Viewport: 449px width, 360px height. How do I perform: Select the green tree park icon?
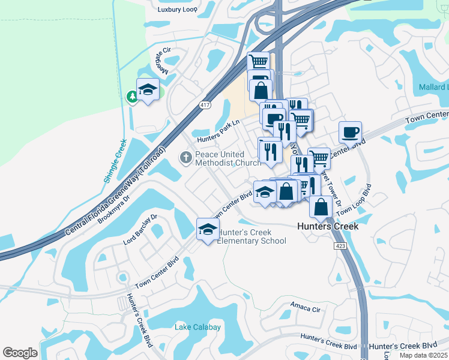(x=132, y=97)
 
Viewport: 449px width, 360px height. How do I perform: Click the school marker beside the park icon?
(x=148, y=91)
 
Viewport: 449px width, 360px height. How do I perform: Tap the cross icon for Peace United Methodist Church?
(x=186, y=158)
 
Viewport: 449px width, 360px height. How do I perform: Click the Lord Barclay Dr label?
(x=140, y=230)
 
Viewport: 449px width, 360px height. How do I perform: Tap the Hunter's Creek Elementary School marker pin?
(x=208, y=230)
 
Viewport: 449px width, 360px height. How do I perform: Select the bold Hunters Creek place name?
(x=328, y=226)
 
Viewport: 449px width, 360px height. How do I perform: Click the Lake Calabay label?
(x=197, y=327)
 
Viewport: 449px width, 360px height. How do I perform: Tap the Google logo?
(x=20, y=352)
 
